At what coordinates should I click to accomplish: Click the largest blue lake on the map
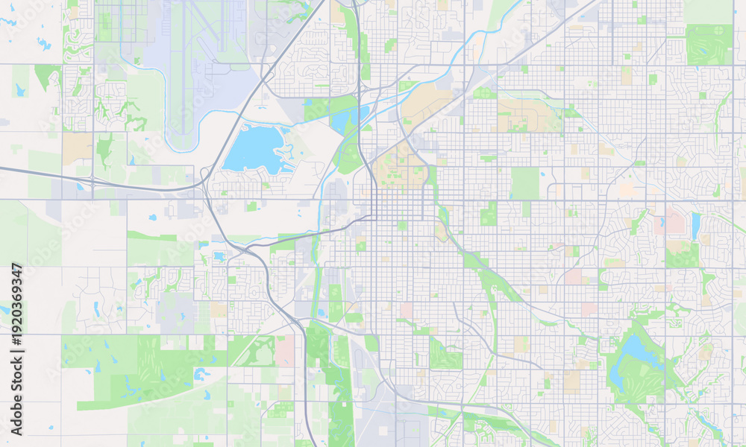coord(254,149)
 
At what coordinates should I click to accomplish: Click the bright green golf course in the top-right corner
coord(709,43)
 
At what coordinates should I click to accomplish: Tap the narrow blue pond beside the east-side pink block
coord(695,226)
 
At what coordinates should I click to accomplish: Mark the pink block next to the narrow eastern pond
coord(674,221)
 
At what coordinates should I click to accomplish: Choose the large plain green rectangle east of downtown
coord(525,183)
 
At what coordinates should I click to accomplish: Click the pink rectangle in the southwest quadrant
coord(284,350)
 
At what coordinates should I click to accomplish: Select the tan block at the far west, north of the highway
coord(77,148)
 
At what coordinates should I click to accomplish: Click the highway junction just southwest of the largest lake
coord(205,183)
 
